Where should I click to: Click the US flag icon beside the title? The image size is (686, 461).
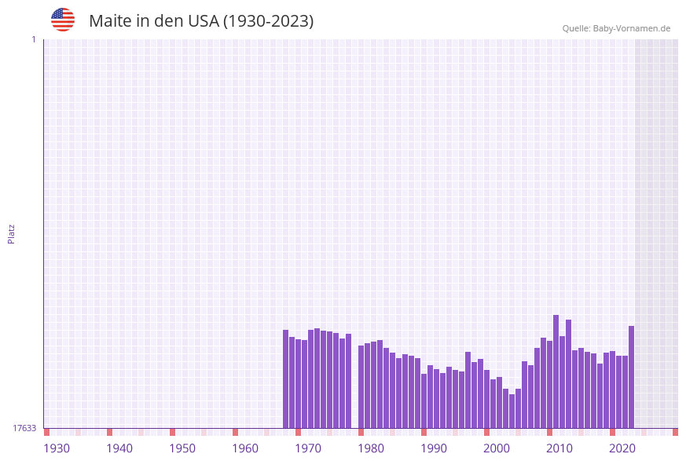[x=63, y=20]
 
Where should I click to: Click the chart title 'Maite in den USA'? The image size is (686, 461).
[x=201, y=21]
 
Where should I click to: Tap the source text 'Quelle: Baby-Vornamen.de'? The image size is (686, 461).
[x=616, y=28]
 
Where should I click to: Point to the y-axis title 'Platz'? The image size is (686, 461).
[x=12, y=234]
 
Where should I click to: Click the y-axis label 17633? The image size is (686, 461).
[x=24, y=428]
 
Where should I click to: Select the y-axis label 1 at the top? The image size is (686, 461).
[x=33, y=39]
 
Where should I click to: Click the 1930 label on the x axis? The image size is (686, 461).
[x=57, y=448]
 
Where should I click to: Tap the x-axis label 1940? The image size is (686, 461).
[x=119, y=448]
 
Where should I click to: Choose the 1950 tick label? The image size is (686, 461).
[x=182, y=448]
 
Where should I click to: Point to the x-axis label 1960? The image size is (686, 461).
[x=245, y=448]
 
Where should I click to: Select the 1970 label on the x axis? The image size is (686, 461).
[x=308, y=448]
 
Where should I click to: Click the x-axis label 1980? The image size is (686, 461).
[x=371, y=448]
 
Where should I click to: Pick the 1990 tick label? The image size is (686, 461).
[x=434, y=448]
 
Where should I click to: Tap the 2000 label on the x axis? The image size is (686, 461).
[x=497, y=448]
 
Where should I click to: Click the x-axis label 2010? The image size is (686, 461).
[x=559, y=448]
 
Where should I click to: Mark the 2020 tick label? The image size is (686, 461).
[x=622, y=448]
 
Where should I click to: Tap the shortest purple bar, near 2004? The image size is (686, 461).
[x=512, y=411]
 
